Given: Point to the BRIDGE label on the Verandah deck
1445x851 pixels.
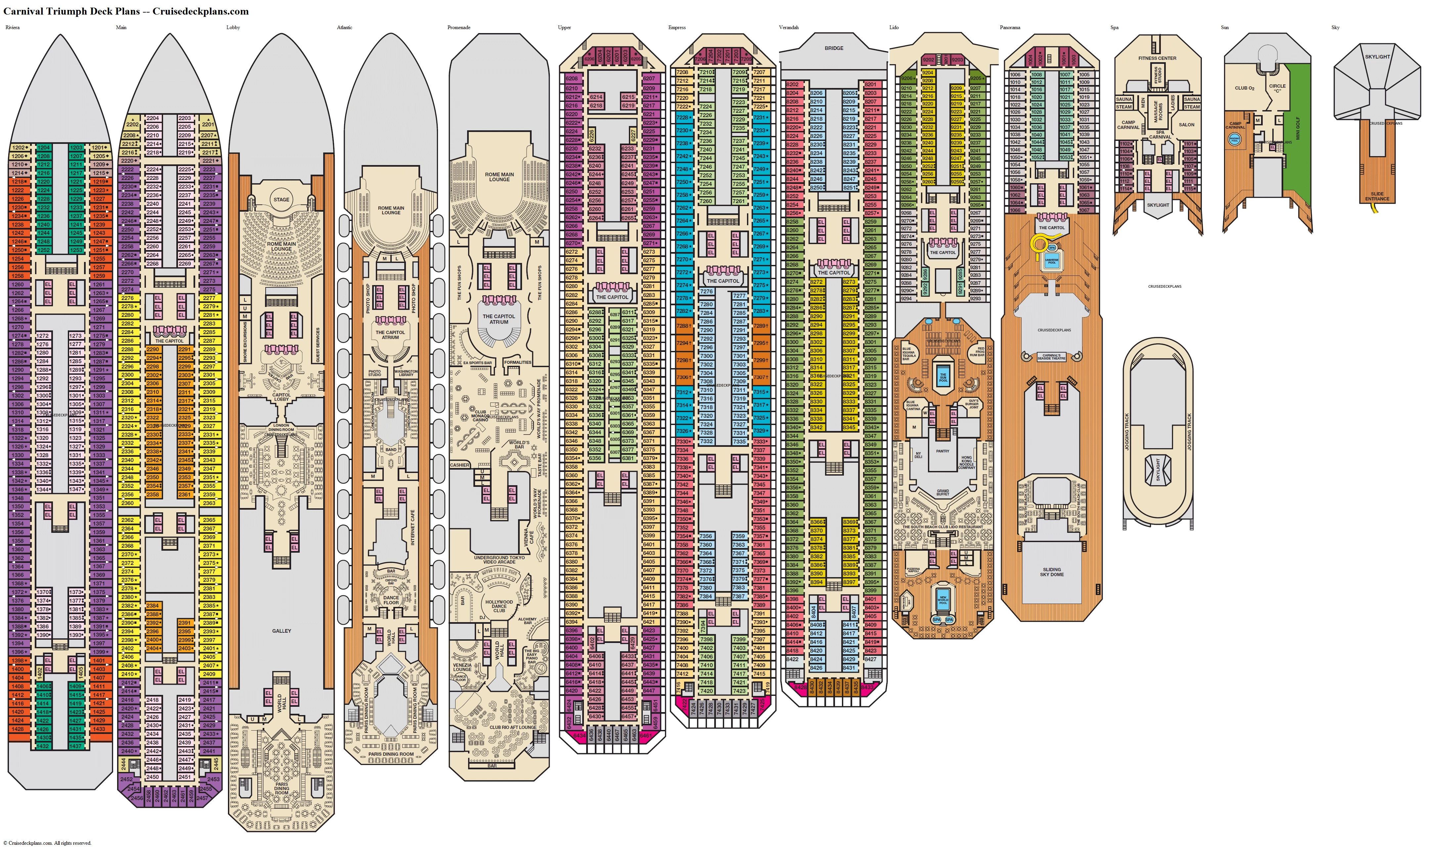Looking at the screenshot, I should (x=834, y=48).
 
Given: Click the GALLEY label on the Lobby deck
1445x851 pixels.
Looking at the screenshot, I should (x=282, y=631).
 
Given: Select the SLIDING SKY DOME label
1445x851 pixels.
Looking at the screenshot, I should (x=1052, y=572).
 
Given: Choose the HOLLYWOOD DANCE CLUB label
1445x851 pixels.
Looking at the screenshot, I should (x=499, y=606).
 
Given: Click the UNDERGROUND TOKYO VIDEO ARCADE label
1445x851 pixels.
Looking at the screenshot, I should (x=499, y=560).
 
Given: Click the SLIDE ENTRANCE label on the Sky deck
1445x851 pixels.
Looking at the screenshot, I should (x=1377, y=196).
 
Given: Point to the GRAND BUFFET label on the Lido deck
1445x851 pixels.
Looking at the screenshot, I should (x=943, y=492).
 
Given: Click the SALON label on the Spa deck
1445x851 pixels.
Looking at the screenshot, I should (x=1186, y=124).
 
